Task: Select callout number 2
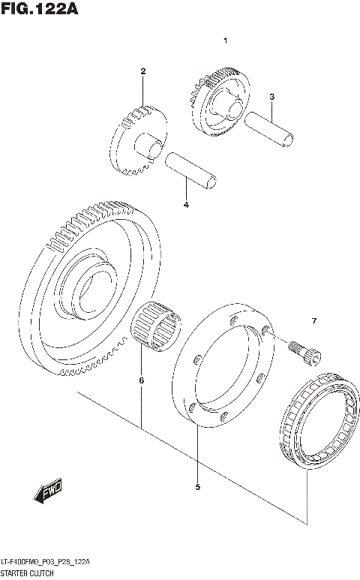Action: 142,71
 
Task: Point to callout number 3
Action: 272,96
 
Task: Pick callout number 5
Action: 197,487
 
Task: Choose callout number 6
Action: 141,380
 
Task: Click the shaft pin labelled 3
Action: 270,127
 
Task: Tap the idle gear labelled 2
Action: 139,140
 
